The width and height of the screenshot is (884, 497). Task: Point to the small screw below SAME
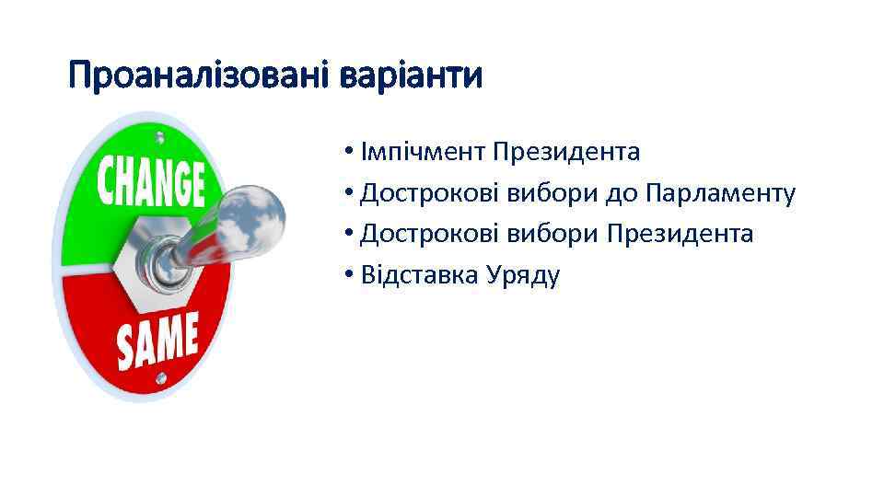162,376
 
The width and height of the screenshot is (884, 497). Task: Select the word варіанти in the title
411,75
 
